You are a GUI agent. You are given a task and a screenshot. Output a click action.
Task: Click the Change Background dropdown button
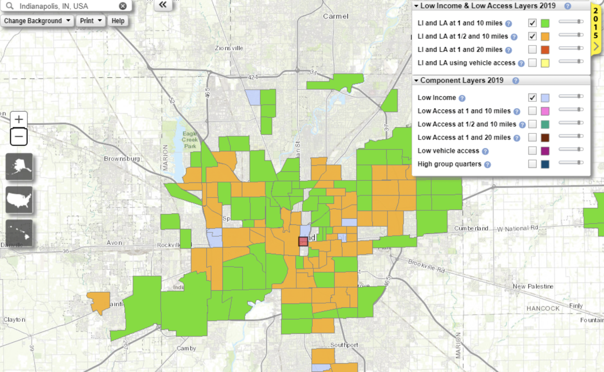point(37,21)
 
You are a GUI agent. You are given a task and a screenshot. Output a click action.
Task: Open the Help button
point(118,21)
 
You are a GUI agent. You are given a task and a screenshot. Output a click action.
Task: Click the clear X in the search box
point(122,6)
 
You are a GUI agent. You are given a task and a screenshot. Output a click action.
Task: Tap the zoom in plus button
point(18,119)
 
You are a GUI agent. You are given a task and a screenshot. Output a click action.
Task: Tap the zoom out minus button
point(18,137)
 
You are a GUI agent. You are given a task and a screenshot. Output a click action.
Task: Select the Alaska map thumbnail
point(19,166)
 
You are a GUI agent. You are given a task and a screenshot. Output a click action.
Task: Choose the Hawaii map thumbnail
point(19,233)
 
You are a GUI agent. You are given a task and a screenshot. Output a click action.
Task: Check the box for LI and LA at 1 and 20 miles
point(532,50)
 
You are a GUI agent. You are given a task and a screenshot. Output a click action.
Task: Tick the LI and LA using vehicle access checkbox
point(532,63)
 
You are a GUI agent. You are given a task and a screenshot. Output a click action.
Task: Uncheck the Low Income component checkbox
point(532,97)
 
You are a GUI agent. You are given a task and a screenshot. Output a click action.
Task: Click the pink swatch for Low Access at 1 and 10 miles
point(545,111)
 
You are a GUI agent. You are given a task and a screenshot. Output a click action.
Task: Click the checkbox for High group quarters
point(532,164)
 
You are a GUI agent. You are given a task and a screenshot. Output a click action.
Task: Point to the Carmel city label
point(336,17)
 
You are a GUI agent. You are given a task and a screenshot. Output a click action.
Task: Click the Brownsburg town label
point(122,159)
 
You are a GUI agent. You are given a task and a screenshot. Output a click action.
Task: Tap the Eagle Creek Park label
point(190,140)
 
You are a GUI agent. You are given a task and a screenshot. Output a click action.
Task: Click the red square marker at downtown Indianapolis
point(303,241)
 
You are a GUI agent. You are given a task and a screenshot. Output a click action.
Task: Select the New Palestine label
point(533,287)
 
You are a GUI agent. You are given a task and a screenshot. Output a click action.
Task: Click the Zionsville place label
point(229,48)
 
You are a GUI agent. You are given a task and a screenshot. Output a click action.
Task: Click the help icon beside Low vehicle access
point(485,151)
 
